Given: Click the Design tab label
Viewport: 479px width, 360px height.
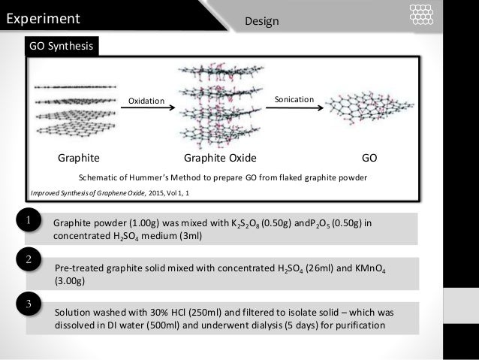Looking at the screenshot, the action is [x=262, y=21].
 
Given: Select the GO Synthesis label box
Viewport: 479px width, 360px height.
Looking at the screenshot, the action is [x=61, y=47].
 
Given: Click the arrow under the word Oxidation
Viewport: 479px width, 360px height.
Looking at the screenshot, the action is [x=148, y=110].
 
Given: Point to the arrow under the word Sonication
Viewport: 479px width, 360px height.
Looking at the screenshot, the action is [x=297, y=110].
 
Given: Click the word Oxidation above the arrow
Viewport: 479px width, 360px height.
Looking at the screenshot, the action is [x=146, y=100].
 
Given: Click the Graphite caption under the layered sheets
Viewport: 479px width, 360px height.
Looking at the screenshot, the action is [x=79, y=159].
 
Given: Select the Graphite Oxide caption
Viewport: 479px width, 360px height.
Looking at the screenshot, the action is [x=220, y=159].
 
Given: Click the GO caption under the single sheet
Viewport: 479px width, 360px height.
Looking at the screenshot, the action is [x=369, y=159].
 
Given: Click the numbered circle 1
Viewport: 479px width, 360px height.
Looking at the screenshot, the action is [x=27, y=221].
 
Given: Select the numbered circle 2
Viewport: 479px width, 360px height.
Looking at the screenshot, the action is [x=27, y=260].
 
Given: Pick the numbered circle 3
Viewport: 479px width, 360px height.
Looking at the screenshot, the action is [x=27, y=304].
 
